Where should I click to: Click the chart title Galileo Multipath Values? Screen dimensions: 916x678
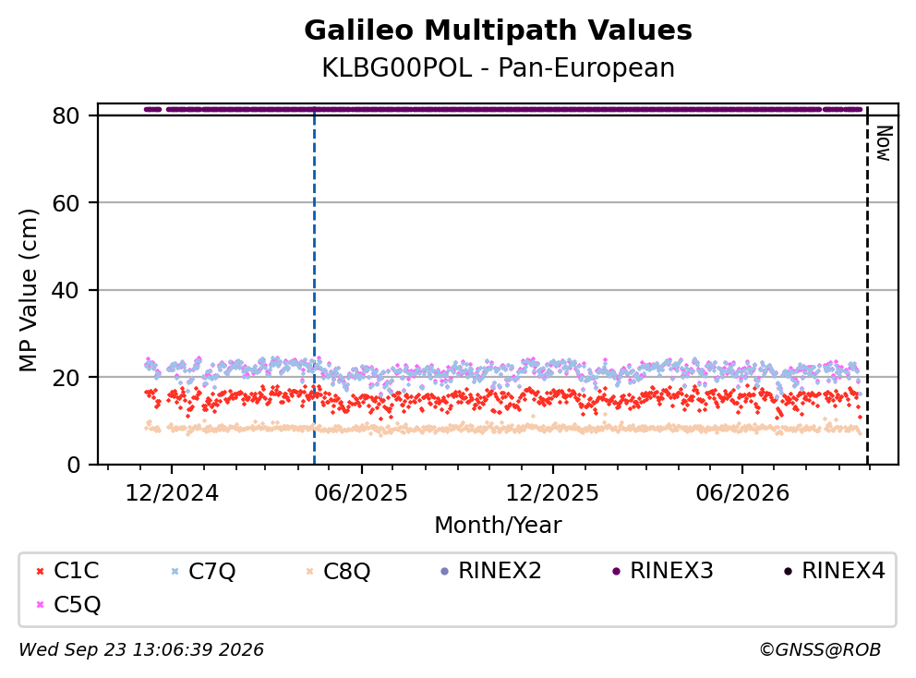(498, 30)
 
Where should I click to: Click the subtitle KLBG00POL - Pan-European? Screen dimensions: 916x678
(498, 67)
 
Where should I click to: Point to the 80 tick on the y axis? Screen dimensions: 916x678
(66, 115)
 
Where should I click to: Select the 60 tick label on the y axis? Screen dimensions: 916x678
(66, 203)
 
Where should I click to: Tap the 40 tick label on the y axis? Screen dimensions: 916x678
(66, 290)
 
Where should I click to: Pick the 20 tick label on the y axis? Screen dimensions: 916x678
(66, 378)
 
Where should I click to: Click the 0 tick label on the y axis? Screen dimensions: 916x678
(73, 465)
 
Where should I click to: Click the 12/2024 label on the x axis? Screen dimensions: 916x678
(172, 493)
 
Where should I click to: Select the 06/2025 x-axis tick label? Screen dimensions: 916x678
(361, 493)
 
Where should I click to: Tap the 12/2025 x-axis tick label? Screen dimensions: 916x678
(552, 493)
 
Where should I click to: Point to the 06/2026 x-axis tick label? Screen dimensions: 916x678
(741, 493)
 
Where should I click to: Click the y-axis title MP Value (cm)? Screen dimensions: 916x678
(28, 290)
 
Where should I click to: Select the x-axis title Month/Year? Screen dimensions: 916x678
(498, 525)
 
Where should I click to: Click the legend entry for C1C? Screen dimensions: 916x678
(67, 571)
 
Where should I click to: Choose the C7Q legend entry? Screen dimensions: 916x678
(203, 571)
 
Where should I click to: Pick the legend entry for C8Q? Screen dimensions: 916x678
(338, 571)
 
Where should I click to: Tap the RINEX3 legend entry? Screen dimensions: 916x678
(662, 571)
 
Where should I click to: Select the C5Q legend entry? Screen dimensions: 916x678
(67, 604)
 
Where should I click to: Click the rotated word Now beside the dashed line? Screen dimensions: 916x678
(885, 143)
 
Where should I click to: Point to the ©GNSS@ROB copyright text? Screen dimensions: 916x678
(820, 649)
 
